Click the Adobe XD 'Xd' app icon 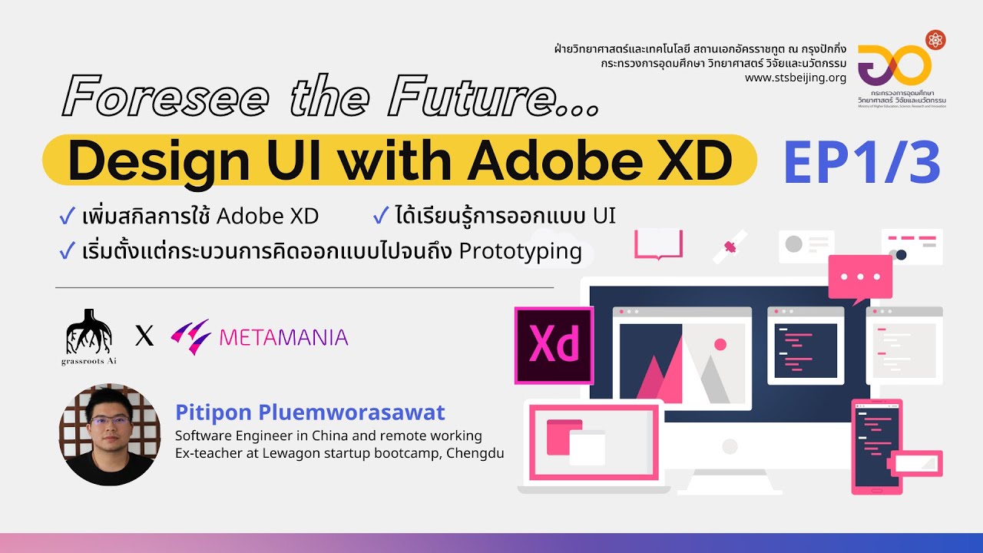click(554, 346)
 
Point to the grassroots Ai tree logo click(89, 332)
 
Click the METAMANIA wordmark click(283, 336)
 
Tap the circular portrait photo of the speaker click(110, 435)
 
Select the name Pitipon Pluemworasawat click(310, 412)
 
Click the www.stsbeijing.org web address click(795, 78)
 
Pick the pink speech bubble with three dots click(860, 279)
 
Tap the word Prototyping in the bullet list click(520, 252)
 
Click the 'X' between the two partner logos click(144, 336)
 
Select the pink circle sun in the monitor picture click(720, 344)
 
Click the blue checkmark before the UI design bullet click(380, 216)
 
